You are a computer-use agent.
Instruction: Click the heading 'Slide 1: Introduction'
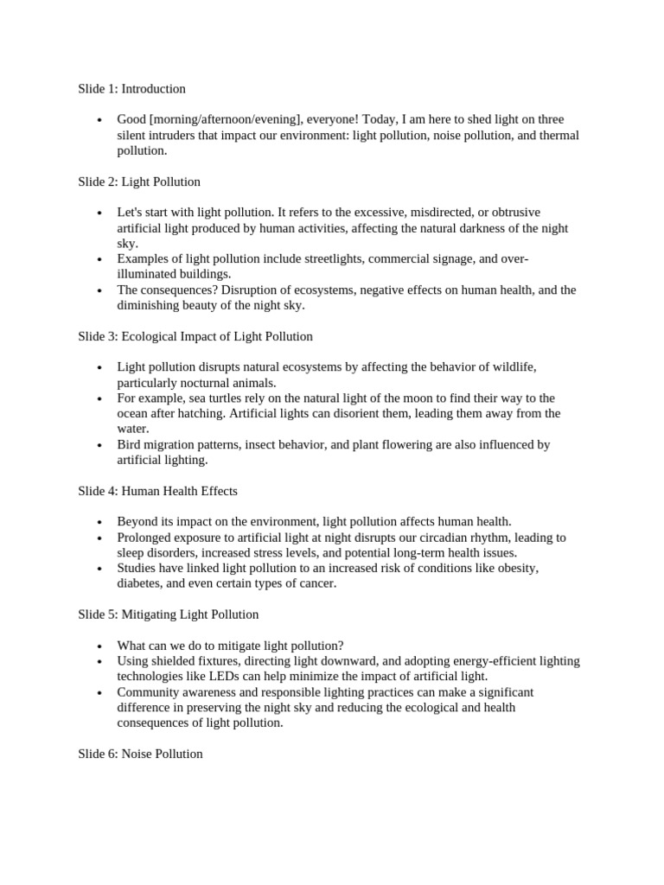point(131,89)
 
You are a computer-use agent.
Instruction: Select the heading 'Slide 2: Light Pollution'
point(138,181)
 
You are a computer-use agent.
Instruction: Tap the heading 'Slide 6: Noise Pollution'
point(140,754)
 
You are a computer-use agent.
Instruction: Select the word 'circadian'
point(437,538)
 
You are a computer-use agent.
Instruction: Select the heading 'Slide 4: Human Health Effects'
point(157,491)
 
